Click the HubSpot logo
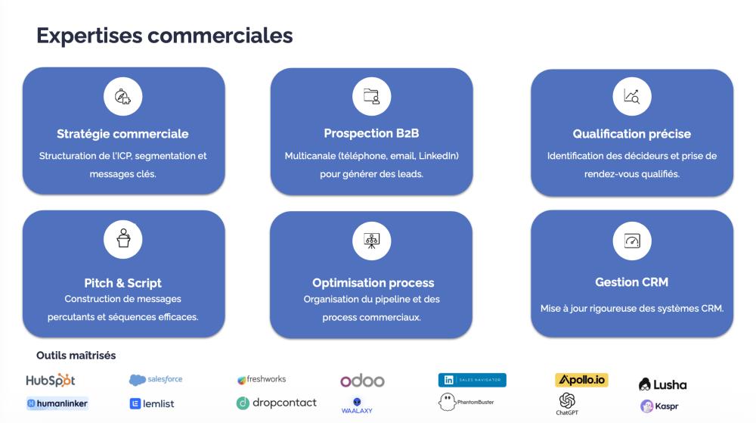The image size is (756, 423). point(51,380)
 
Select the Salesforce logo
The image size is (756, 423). point(156,380)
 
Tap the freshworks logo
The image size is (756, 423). point(262,379)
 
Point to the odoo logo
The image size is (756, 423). point(362,381)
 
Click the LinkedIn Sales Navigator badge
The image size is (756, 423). point(472,380)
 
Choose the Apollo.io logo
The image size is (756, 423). point(581,380)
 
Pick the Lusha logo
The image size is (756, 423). point(662,384)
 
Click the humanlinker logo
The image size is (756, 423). point(57,403)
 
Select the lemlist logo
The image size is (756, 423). point(152,403)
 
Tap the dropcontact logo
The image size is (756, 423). point(276,403)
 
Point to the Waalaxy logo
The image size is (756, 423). point(357,406)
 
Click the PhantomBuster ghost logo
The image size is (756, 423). point(466,402)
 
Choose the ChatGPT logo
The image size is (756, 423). point(567,404)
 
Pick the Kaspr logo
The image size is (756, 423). point(659,406)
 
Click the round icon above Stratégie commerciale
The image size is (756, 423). point(123,96)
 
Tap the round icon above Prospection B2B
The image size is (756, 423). point(372,96)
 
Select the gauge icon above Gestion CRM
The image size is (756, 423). point(632,241)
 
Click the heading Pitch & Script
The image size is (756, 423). point(123,283)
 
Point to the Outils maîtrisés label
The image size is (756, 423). point(76,356)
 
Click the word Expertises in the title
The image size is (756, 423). point(89,36)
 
